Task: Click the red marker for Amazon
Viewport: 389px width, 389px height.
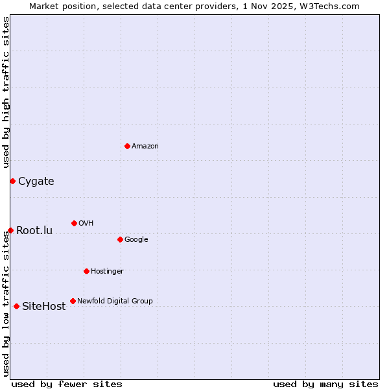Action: pos(127,146)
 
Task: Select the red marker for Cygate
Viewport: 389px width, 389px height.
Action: pos(12,181)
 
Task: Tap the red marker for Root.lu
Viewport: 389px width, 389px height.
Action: pos(10,230)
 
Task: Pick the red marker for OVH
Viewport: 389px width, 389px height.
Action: pos(74,223)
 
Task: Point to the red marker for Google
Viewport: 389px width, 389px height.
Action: pos(120,239)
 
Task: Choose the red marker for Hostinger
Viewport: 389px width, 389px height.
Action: pos(86,271)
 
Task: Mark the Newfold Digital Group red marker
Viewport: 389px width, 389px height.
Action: pos(73,301)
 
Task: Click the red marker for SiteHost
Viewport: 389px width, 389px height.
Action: pos(16,306)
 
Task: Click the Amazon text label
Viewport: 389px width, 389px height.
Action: pos(145,147)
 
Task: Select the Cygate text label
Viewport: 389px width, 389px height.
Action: pos(36,182)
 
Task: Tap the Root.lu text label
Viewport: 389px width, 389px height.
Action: pos(34,231)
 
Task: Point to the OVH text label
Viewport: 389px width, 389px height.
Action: pos(86,224)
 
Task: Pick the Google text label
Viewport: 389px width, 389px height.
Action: pos(136,240)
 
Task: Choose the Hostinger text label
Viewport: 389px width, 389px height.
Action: pos(107,272)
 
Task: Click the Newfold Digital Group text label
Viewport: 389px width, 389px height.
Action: pos(115,301)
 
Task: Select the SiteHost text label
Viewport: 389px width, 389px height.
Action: pos(44,307)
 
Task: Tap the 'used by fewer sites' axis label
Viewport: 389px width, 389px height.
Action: pos(67,384)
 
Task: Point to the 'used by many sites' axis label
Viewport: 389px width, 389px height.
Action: pos(325,384)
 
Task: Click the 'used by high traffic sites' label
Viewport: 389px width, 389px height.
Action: pos(6,93)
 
